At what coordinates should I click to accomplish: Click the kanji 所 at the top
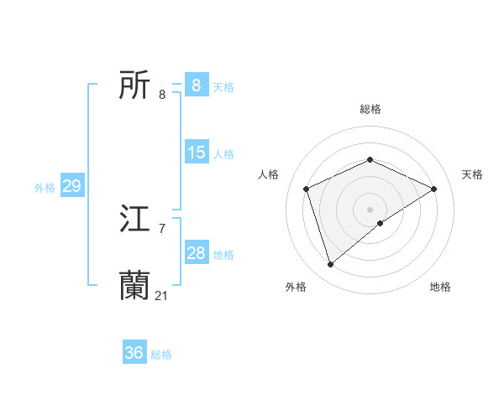(134, 86)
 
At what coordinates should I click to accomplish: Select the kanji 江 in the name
(134, 220)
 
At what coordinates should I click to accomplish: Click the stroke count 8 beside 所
(162, 94)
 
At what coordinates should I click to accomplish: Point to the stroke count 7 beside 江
(162, 228)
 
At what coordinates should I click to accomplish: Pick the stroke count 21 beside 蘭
(162, 295)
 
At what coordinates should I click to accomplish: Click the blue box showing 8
(196, 86)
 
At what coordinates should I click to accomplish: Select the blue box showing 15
(196, 153)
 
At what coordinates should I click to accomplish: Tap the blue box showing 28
(196, 253)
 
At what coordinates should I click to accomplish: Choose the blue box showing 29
(71, 186)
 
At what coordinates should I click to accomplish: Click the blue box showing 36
(134, 353)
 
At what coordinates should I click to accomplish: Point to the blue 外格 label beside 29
(45, 188)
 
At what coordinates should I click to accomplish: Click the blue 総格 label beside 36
(161, 355)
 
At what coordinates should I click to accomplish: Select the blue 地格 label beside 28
(223, 255)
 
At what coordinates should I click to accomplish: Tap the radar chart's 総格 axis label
(370, 109)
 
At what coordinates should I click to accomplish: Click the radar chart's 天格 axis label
(472, 174)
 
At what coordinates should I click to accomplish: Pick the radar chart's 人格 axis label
(269, 174)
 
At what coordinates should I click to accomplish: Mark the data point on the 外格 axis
(331, 264)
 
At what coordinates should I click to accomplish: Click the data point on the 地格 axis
(381, 223)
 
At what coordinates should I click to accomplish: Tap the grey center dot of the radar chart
(370, 209)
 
